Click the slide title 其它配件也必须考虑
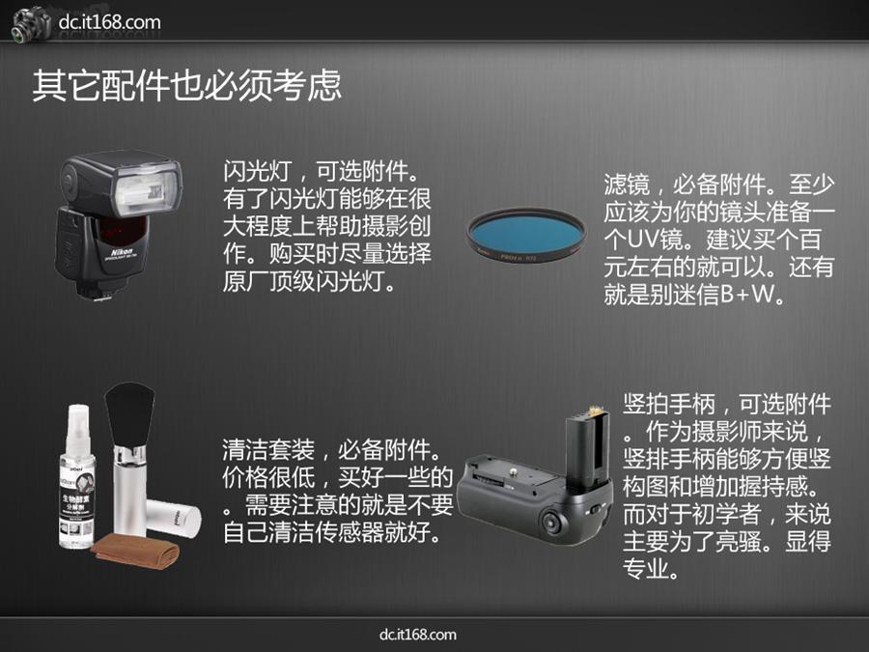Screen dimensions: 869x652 (186, 85)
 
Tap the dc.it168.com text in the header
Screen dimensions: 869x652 (110, 22)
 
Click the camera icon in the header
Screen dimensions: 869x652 (31, 24)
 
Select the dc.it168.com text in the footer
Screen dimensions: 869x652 (418, 635)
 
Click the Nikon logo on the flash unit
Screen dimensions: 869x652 (122, 252)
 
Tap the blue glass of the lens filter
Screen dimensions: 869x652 (525, 235)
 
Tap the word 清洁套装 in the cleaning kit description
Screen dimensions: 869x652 (268, 449)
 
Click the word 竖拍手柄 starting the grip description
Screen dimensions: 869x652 (669, 404)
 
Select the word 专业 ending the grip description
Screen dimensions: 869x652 (646, 569)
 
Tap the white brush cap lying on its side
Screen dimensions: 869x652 (174, 519)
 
